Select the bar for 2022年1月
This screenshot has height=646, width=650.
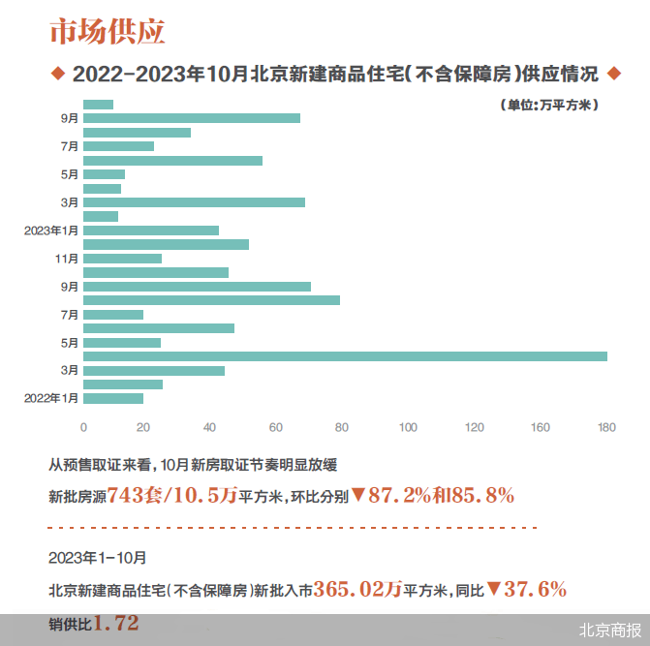click(113, 398)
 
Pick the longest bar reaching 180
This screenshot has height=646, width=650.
click(345, 356)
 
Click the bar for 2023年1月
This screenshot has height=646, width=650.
click(151, 231)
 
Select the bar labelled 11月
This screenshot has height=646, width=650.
click(122, 259)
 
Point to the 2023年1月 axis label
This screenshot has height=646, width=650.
click(50, 231)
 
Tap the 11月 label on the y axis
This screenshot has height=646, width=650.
click(67, 259)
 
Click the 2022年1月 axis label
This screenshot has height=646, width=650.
click(50, 398)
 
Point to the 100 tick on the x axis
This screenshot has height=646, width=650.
click(408, 427)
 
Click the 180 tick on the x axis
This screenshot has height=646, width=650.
click(606, 427)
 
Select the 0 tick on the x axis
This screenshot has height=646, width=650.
click(83, 427)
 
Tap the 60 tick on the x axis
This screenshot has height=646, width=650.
click(276, 427)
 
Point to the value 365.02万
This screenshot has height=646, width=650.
click(353, 588)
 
